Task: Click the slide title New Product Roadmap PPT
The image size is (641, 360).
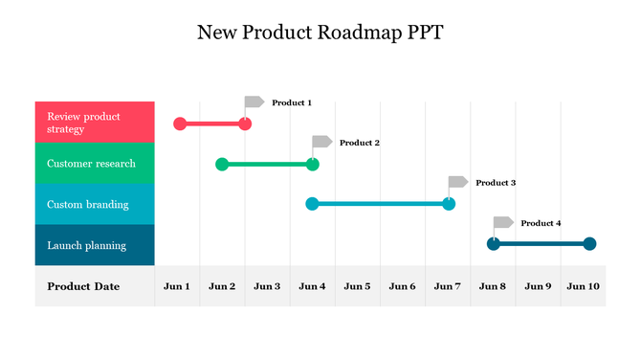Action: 320,33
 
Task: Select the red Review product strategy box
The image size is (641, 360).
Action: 95,123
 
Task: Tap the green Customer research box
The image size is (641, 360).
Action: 95,164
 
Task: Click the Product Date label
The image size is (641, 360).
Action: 83,286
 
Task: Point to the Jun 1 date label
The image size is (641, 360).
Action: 177,286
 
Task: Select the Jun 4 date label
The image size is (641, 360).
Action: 312,286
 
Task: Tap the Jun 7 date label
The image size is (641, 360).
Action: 448,286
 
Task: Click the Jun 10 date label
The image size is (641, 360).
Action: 582,286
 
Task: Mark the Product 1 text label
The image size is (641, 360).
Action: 292,102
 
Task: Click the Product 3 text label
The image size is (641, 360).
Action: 496,183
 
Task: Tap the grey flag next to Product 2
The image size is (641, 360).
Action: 322,142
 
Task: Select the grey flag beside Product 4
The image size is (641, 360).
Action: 503,222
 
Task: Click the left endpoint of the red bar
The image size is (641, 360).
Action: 180,124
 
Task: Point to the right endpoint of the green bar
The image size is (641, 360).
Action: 313,164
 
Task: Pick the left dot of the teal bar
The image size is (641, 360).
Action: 312,204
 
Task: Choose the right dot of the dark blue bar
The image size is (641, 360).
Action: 589,244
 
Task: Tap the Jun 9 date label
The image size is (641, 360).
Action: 538,286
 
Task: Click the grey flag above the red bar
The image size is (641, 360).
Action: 254,101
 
